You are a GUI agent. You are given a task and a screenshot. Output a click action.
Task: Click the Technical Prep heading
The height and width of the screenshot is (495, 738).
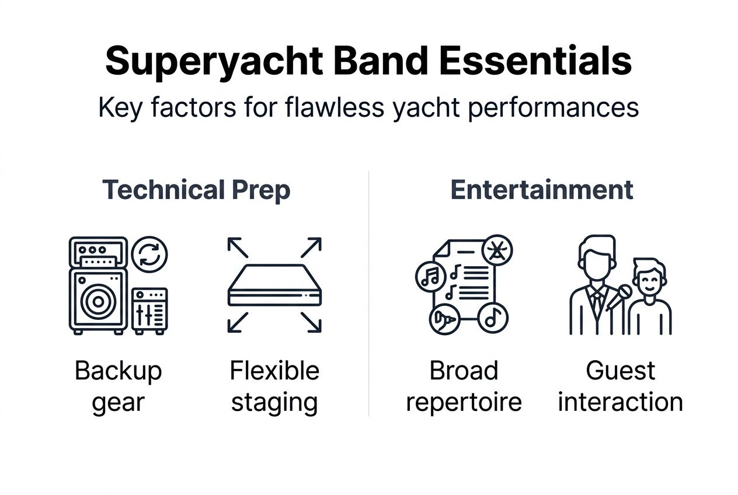[196, 190]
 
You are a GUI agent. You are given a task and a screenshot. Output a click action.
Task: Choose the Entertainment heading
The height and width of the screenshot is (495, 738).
[542, 190]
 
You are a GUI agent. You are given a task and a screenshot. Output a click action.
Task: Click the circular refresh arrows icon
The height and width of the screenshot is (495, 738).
[149, 255]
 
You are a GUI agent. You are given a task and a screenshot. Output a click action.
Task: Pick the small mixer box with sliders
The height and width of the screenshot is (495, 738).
[149, 310]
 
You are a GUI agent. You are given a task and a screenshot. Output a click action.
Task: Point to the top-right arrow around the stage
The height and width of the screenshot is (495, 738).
[311, 247]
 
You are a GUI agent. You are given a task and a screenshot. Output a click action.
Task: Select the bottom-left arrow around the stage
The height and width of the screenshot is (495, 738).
[238, 322]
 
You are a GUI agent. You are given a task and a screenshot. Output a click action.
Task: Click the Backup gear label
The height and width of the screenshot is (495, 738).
[118, 386]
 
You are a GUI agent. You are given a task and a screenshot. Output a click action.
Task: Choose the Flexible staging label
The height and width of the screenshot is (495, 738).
[274, 386]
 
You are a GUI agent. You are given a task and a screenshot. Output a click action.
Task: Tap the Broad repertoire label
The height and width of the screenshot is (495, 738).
[464, 386]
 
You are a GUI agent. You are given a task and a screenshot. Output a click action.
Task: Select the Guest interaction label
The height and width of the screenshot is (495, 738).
[620, 386]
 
